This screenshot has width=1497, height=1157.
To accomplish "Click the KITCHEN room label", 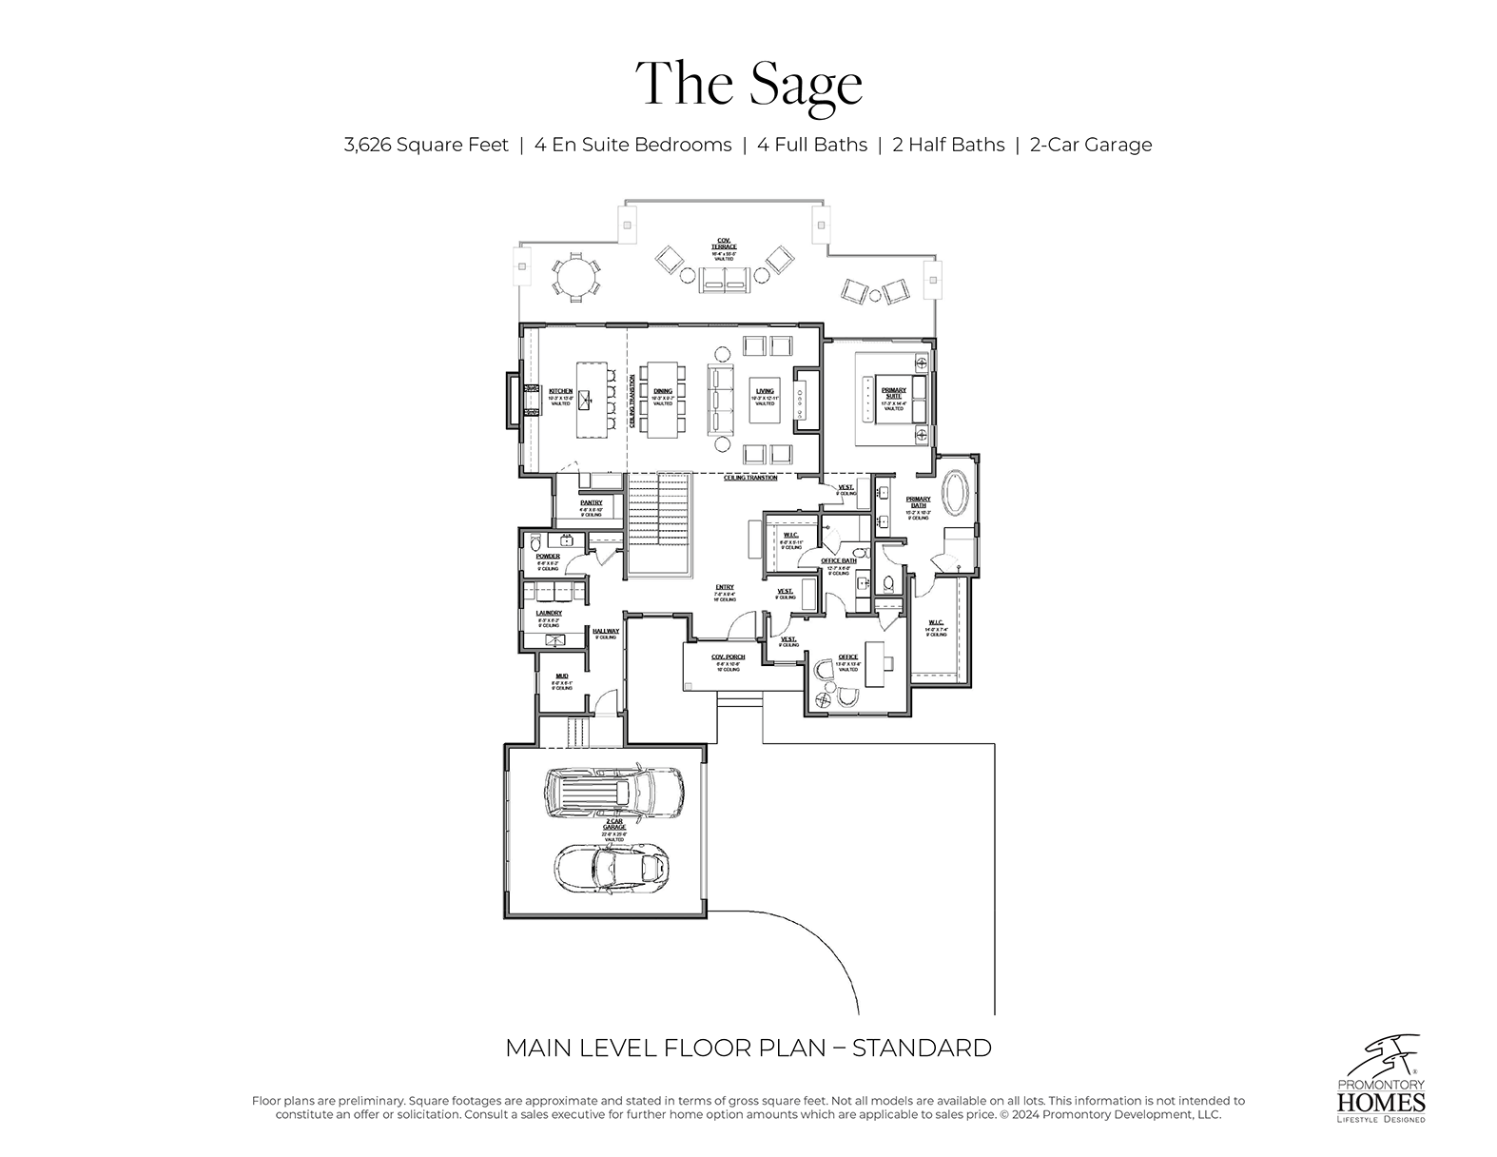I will click(561, 392).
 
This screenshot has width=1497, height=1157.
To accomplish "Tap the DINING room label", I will click(663, 392).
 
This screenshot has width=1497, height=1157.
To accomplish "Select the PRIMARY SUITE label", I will click(894, 391).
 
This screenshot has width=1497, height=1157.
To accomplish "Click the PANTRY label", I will click(592, 503).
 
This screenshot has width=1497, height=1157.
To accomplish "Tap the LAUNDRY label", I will click(549, 614).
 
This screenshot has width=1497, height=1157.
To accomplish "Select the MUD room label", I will click(561, 676).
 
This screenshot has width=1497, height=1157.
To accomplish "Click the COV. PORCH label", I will click(729, 657).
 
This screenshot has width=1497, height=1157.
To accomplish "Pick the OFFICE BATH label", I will click(838, 561).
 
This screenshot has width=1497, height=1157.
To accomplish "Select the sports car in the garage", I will click(612, 866).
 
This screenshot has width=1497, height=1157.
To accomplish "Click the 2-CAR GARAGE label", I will click(614, 824).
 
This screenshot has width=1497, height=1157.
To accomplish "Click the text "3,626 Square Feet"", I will click(426, 145).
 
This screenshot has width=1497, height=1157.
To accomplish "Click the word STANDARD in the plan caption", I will click(922, 1049).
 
